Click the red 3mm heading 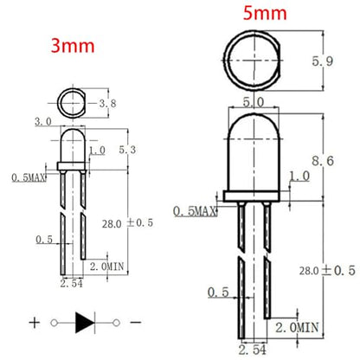click(73, 46)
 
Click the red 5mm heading click(265, 13)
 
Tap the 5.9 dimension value click(323, 61)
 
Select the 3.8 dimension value click(107, 103)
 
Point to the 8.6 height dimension click(323, 161)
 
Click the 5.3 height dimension click(127, 150)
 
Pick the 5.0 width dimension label click(254, 102)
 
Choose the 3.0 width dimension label click(43, 121)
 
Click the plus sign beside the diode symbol click(35, 323)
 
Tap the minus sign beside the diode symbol click(136, 322)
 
